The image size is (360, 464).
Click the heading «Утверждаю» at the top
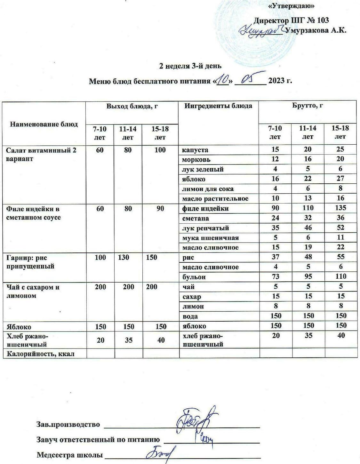tap(291, 6)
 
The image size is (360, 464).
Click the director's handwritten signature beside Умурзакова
tap(261, 31)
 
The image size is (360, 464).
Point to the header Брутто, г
tap(308, 106)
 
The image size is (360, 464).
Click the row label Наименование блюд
tap(44, 124)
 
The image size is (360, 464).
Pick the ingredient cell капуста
tap(195, 150)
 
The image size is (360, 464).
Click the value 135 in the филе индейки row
tap(340, 208)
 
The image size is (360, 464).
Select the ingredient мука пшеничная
tap(211, 238)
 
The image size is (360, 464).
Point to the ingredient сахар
tap(192, 297)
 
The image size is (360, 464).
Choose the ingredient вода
tap(190, 316)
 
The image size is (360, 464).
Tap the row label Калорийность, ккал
tap(40, 354)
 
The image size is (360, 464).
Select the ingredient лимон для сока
tap(208, 189)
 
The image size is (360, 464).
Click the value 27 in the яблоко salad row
tap(340, 179)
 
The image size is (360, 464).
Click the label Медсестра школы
tap(70, 455)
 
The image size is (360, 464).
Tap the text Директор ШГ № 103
tap(291, 20)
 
